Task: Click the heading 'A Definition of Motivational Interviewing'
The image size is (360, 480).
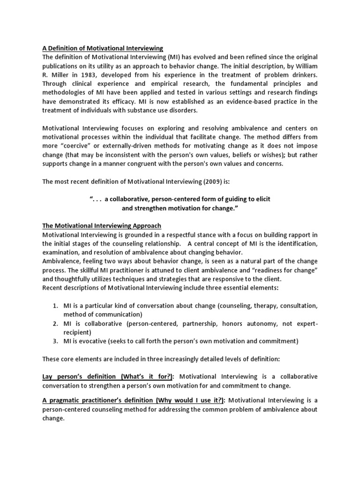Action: tap(103, 48)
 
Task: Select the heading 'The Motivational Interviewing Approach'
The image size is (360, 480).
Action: tap(102, 225)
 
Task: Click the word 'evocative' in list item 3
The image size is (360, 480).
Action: tap(91, 341)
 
